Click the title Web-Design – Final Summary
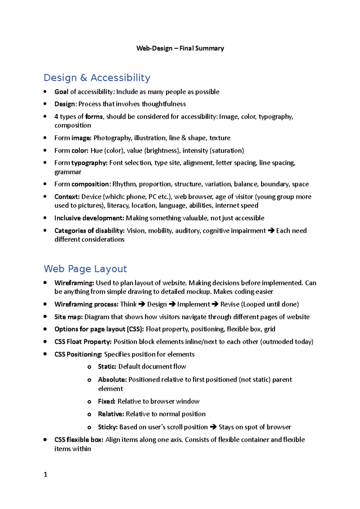coord(180,48)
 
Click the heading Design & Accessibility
coord(97,78)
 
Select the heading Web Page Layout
coord(85,269)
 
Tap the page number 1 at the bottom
coord(45,474)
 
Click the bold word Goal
coord(61,92)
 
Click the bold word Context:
coord(67,197)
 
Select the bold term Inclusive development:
coord(89,218)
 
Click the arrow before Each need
coord(271,231)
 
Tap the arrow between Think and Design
coord(142,304)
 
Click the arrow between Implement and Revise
coord(215,304)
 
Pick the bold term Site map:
coord(68,317)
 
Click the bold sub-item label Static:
coord(107,367)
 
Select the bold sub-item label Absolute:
coord(112,380)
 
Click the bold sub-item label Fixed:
coord(106,401)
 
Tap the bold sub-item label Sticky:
coord(108,427)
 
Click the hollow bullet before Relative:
coord(89,415)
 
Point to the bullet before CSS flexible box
coord(45,440)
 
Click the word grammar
coord(68,172)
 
